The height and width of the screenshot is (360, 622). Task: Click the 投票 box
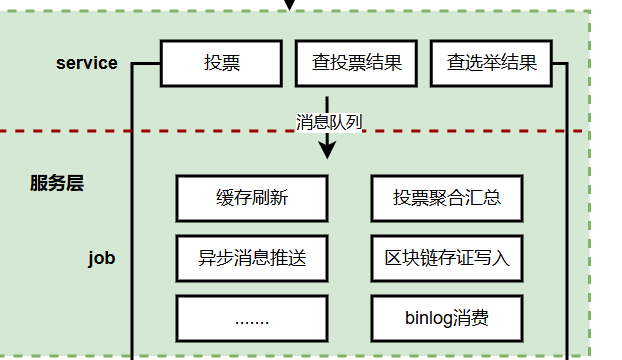point(221,63)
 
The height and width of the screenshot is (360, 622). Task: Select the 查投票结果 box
point(357,63)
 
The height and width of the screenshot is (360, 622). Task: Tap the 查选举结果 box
point(491,63)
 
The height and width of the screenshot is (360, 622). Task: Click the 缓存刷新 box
point(251,198)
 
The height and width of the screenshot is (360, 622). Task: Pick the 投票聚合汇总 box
point(447,198)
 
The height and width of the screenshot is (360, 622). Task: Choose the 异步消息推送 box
point(251,258)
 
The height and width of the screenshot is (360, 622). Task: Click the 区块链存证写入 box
point(447,258)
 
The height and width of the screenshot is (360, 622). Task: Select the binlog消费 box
point(447,319)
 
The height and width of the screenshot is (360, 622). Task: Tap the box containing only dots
point(251,319)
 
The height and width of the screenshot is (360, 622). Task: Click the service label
point(86,63)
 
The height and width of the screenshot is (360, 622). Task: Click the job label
point(101,258)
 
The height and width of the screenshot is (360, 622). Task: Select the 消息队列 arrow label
point(328,122)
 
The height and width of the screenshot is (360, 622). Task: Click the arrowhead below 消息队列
point(327,151)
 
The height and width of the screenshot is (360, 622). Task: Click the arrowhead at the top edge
point(290,4)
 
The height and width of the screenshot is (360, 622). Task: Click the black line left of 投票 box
point(133,200)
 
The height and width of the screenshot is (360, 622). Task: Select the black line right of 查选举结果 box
point(568,200)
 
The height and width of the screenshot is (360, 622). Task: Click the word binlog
point(429,319)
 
